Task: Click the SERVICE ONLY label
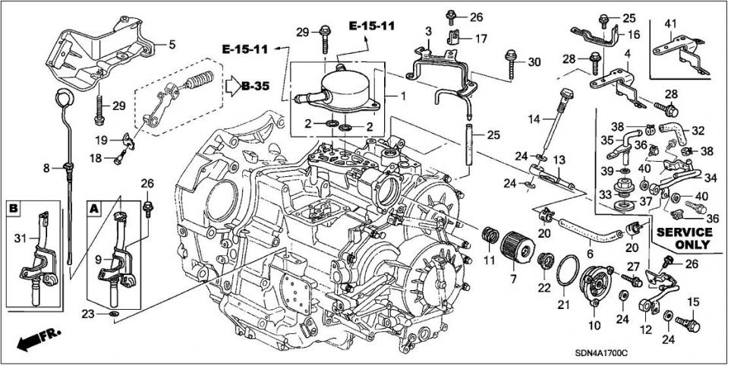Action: (683, 238)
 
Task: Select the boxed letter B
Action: (14, 207)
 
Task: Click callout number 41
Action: (670, 24)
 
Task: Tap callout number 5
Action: (172, 45)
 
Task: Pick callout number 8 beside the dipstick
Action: (46, 167)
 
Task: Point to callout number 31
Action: (20, 238)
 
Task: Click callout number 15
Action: (692, 301)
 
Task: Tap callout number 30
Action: (534, 62)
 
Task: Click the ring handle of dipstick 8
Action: (62, 98)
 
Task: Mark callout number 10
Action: (594, 325)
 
